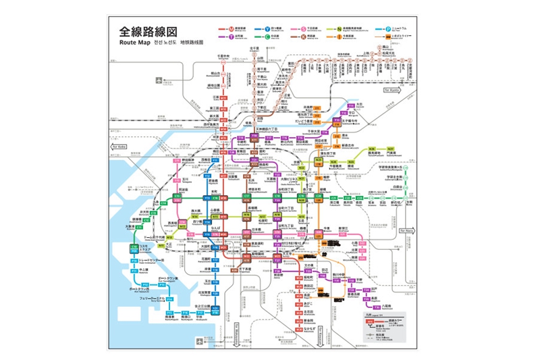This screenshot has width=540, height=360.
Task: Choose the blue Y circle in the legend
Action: tap(267, 29)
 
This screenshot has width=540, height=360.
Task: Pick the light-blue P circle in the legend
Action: tap(388, 29)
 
